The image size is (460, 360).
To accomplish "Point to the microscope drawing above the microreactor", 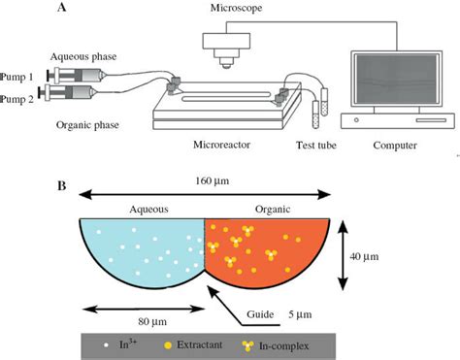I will coord(222,44).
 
